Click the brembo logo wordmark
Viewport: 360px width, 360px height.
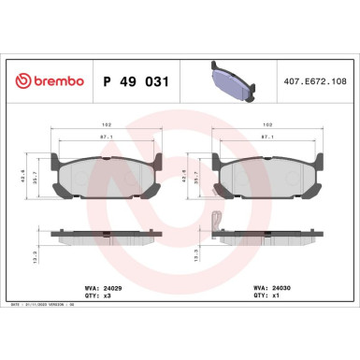50,81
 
